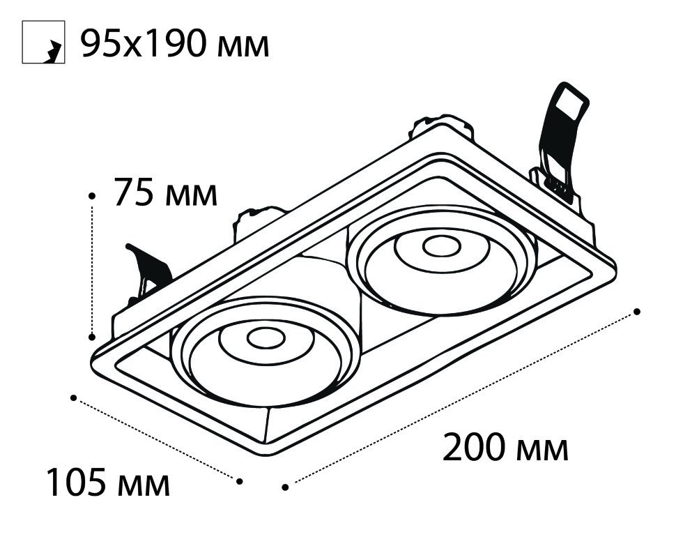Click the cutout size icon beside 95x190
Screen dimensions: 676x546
click(x=43, y=43)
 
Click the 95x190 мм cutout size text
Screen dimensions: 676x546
click(x=175, y=44)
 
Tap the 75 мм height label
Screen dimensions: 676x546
click(x=165, y=192)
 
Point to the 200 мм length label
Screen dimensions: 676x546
click(x=505, y=447)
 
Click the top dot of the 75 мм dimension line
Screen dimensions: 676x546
click(x=91, y=196)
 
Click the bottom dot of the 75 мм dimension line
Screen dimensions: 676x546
click(x=91, y=336)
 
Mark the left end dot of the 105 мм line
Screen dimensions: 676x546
click(x=74, y=397)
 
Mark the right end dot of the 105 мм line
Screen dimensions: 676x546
click(x=240, y=481)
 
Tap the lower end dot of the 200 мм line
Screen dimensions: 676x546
click(x=285, y=487)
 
